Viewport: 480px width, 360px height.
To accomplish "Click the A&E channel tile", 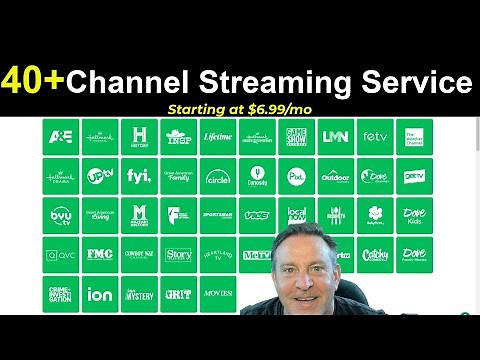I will click(59, 137).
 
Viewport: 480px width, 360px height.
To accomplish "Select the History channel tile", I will click(139, 137).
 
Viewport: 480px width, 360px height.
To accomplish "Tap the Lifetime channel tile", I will click(217, 137).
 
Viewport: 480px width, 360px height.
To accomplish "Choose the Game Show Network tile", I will click(296, 137).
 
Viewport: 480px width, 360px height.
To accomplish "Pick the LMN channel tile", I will click(335, 137).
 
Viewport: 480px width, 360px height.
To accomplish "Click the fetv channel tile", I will click(374, 137).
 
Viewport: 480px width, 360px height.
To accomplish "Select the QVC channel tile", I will click(59, 255).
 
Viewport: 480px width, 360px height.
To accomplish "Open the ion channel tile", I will click(99, 294).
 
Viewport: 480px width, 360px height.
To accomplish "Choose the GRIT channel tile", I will click(178, 294).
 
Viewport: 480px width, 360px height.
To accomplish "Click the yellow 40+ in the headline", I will click(36, 81).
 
